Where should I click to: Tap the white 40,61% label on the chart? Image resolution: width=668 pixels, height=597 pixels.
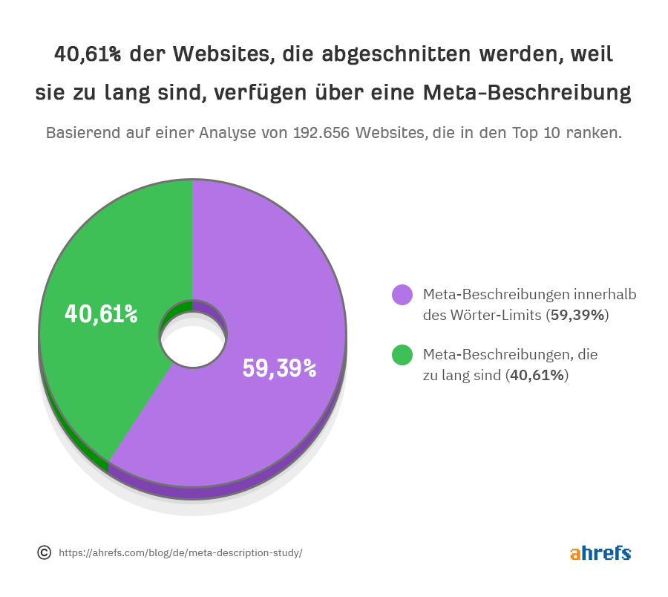point(101,314)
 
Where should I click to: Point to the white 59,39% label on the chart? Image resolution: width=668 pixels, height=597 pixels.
point(280,368)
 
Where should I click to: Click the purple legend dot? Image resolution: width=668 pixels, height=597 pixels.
point(402,295)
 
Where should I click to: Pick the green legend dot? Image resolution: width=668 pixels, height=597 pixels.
point(402,356)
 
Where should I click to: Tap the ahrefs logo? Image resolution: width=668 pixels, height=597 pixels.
point(600,553)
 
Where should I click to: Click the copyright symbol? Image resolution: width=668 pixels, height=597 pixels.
point(44,552)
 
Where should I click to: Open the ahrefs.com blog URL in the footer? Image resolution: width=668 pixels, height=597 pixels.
point(180,553)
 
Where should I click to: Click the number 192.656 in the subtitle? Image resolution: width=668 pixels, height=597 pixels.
point(322,134)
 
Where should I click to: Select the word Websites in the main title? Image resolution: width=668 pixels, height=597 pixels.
point(216,55)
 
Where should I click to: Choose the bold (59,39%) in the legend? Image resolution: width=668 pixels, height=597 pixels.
point(577,315)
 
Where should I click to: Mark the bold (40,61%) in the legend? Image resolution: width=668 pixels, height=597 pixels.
point(537,376)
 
